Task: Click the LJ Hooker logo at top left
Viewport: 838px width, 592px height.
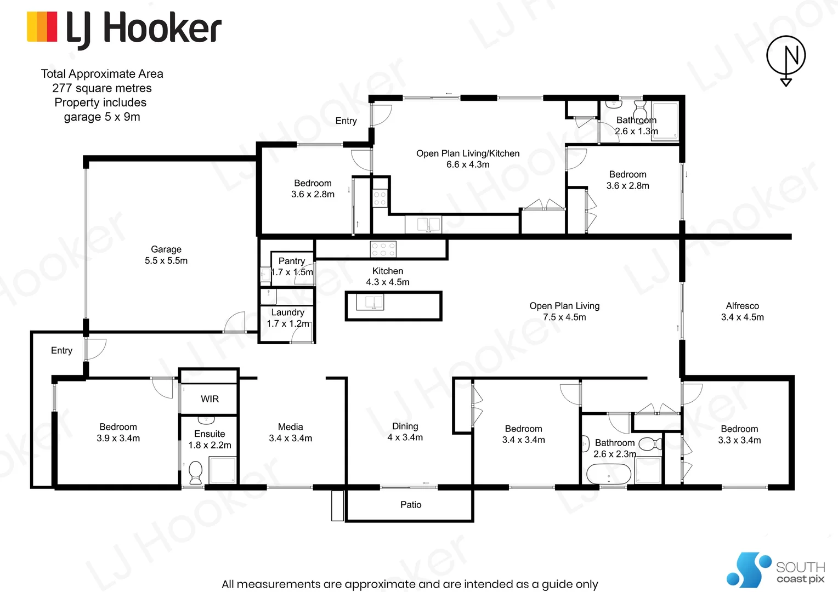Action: click(124, 29)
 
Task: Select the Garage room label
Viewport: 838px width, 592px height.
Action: click(166, 249)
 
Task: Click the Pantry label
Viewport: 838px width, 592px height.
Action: click(292, 261)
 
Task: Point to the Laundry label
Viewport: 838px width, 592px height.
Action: click(287, 312)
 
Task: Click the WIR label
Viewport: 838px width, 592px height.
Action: click(209, 399)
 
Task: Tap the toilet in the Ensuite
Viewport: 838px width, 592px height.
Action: click(195, 471)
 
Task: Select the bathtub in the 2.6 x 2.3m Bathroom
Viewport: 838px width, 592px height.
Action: click(609, 474)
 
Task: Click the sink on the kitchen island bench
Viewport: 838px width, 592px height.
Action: click(370, 302)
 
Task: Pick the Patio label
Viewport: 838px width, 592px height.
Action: click(411, 505)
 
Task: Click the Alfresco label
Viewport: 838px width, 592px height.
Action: click(742, 306)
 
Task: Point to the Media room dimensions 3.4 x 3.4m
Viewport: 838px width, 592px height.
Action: click(290, 439)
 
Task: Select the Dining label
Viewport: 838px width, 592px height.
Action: click(405, 426)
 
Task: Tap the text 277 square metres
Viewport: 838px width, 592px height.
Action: click(102, 88)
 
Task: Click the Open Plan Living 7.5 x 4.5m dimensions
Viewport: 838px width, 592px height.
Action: click(564, 317)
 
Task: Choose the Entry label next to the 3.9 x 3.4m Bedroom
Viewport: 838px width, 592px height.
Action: click(61, 350)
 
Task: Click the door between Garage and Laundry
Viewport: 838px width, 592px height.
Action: click(235, 323)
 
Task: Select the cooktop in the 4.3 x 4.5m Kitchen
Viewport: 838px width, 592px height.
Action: click(383, 249)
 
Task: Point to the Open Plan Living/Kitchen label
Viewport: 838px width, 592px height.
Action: click(468, 153)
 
